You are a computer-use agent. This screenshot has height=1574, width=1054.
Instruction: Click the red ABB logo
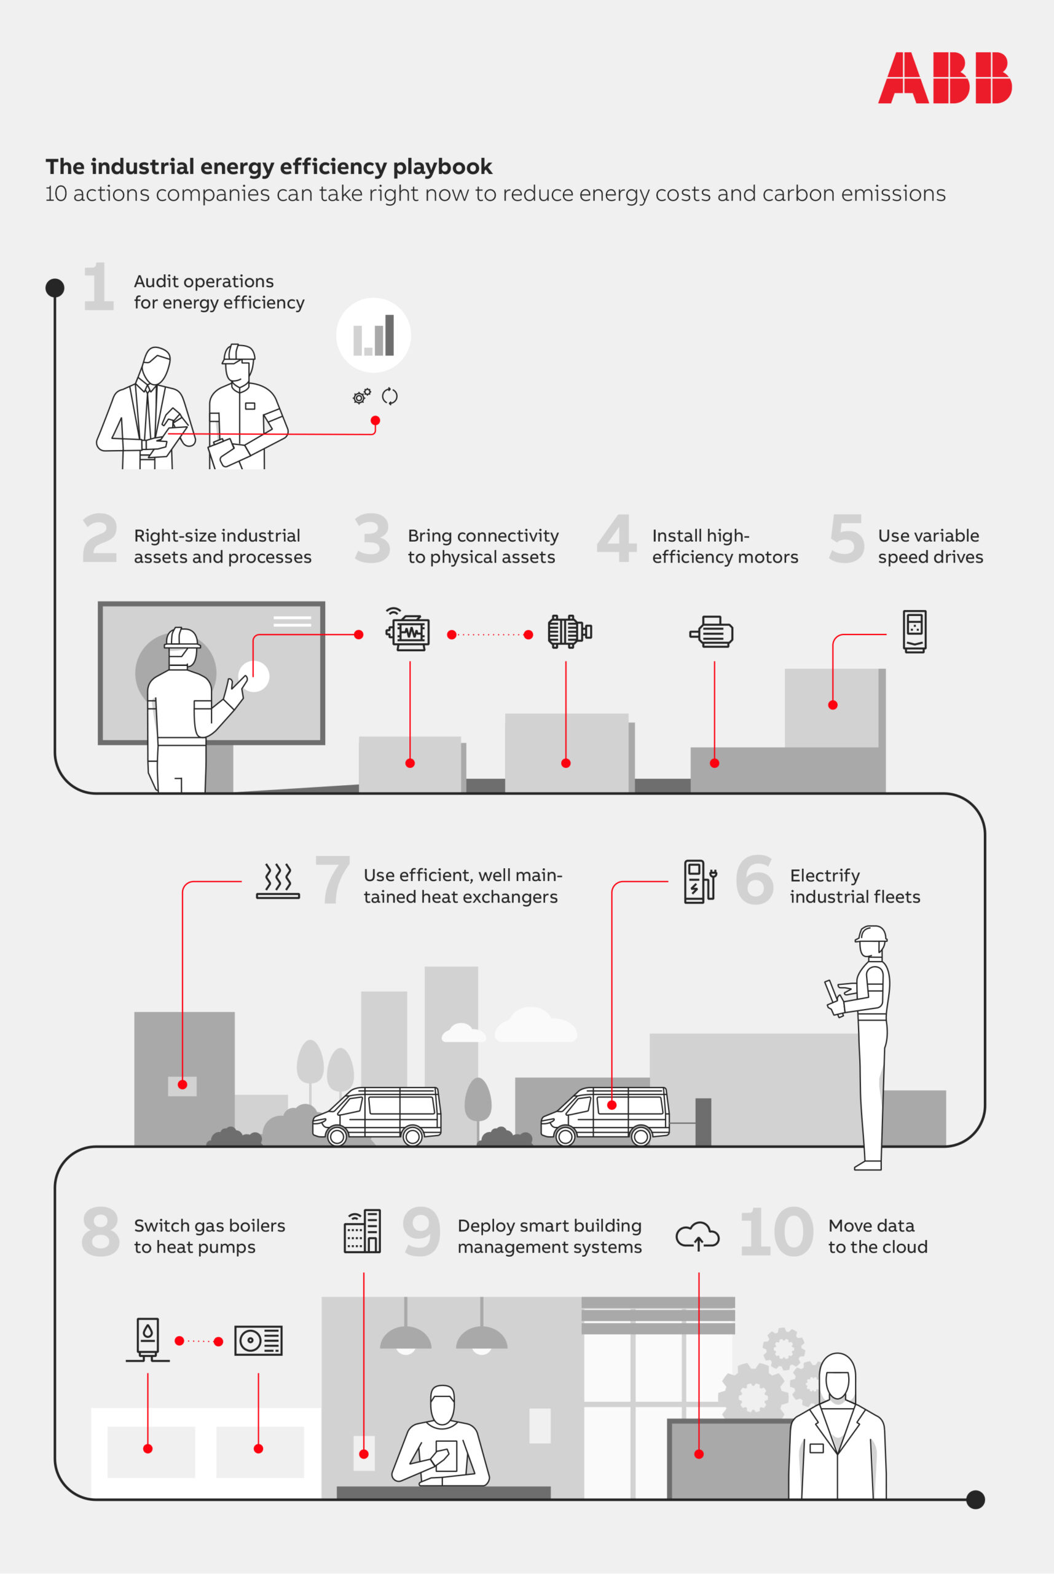(945, 77)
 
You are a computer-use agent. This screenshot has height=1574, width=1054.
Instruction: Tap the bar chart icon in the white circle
(374, 335)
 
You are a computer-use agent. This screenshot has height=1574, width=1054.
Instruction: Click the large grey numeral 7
(332, 879)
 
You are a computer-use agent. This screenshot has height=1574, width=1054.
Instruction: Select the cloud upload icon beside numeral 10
(698, 1235)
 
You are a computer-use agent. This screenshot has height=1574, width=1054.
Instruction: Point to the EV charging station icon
(700, 881)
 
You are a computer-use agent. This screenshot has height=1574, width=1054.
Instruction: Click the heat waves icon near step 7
(278, 881)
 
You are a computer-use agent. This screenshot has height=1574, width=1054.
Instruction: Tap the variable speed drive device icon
(914, 631)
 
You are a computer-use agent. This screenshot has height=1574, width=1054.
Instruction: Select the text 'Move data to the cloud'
(877, 1236)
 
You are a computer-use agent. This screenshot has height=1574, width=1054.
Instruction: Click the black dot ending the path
(975, 1500)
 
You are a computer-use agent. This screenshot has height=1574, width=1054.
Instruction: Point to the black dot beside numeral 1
(55, 288)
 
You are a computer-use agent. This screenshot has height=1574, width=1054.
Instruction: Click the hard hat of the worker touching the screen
(182, 637)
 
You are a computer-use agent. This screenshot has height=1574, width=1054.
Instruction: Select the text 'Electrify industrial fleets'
(854, 885)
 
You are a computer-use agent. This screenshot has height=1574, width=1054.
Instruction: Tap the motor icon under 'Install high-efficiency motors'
(711, 632)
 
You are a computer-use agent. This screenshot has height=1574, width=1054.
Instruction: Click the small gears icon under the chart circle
(361, 396)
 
